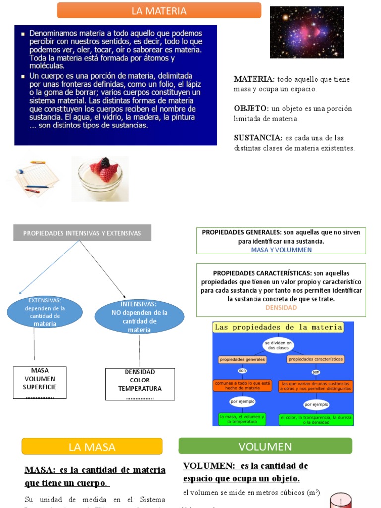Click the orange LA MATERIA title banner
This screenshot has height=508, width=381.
coord(159,10)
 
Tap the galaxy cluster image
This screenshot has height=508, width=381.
coord(307,32)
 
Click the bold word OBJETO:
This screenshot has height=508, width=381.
coord(251,109)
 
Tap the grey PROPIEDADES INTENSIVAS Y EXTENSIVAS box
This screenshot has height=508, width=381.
coord(82,233)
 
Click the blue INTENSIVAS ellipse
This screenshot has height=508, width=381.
coord(139,317)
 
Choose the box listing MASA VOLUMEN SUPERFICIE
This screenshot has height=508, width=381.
coord(40,382)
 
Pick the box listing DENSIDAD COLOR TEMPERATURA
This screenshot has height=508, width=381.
coord(140,384)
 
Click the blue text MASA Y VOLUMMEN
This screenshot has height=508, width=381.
coord(281,250)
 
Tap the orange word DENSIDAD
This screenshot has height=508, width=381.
coord(281,308)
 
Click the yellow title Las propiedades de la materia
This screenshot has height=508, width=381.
coord(278,327)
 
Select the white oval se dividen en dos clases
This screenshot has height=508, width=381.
coord(278,345)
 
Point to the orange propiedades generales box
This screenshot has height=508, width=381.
coord(242,359)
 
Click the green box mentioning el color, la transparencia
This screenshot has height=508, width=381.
coord(316,420)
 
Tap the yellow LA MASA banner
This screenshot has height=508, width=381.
coord(92,446)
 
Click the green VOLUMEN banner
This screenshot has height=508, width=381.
coord(265,446)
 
